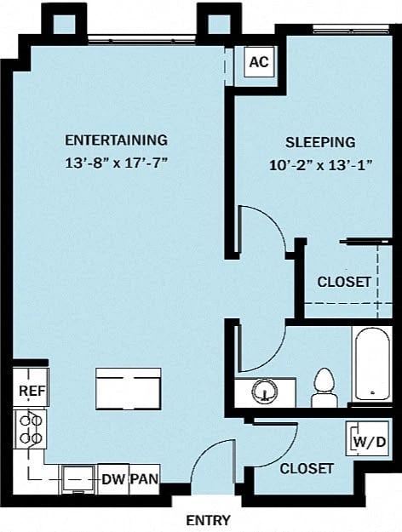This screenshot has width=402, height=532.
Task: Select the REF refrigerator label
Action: point(32,392)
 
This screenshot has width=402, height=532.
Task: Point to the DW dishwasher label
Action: point(113,480)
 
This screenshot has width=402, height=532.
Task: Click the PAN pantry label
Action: point(144,480)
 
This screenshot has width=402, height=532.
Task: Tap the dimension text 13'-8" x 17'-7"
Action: point(116,162)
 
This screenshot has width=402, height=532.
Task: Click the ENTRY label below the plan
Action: point(208,520)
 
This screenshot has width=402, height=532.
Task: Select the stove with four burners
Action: point(32,428)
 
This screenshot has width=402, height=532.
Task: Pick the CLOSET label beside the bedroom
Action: point(344,282)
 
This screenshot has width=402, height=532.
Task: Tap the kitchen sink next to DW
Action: point(79,478)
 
